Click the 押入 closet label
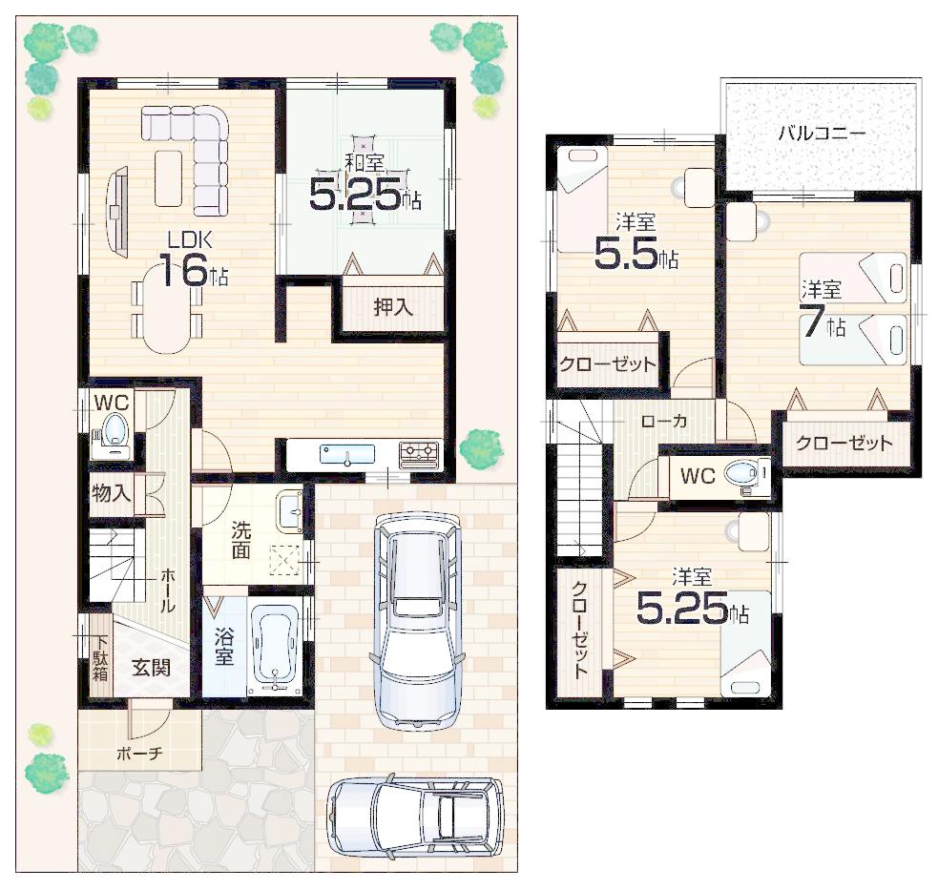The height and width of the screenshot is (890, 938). [392, 307]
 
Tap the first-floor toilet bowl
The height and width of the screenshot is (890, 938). [115, 429]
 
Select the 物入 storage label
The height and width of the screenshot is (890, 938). [111, 494]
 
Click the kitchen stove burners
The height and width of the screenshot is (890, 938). [418, 451]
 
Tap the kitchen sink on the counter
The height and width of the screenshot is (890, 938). [346, 453]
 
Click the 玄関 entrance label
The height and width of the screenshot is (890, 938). [151, 667]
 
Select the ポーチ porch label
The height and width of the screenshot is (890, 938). [139, 753]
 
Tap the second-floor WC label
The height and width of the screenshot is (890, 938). [698, 475]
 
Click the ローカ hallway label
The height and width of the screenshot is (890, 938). [664, 421]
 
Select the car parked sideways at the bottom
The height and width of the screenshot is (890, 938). [415, 818]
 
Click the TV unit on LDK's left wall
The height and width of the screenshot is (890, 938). [118, 211]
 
